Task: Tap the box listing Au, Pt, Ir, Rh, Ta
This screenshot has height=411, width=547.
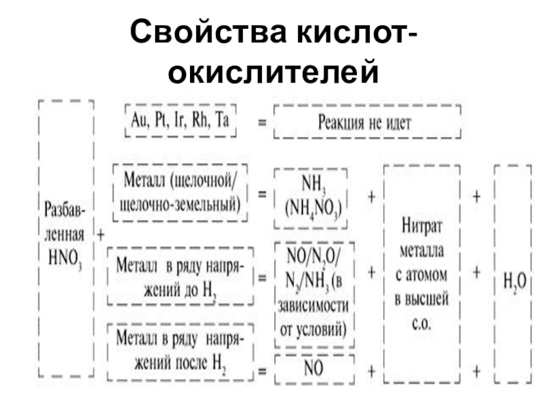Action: click(x=180, y=121)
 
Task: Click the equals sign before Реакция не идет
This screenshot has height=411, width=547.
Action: click(x=262, y=124)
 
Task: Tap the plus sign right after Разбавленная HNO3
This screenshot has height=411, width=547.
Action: click(x=101, y=234)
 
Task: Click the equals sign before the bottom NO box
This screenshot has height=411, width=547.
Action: click(x=262, y=372)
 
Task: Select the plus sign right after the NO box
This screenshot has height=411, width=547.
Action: click(x=371, y=371)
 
